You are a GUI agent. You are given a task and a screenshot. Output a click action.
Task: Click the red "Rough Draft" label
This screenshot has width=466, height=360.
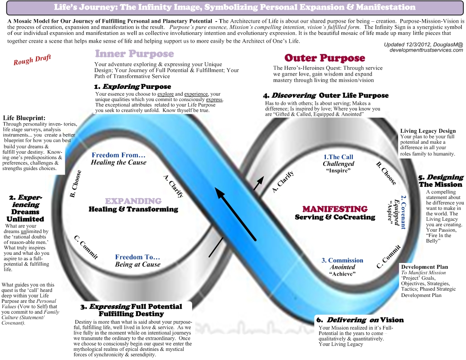point(32,59)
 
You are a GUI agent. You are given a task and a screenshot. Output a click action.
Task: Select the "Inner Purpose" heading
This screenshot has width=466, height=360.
point(134,54)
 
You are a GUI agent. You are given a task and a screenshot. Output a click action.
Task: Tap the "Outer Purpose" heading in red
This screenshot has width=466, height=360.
point(325,58)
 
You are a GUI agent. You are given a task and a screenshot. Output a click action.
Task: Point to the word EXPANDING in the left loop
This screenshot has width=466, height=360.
point(133,201)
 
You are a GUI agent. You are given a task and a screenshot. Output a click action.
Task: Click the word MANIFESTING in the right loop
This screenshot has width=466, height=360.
point(335,209)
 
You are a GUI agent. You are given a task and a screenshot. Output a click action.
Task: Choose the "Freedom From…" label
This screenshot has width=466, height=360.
point(118,155)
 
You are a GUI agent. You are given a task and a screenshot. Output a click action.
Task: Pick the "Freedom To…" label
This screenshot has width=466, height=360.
point(137,257)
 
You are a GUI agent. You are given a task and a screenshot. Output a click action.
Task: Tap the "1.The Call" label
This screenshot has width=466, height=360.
point(338,157)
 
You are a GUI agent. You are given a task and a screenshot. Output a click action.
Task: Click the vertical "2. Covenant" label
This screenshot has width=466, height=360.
point(403,212)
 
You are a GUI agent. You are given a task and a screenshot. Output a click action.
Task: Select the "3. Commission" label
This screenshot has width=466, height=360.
point(342,260)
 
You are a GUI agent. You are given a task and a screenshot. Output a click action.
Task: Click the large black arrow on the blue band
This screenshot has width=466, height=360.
point(235,214)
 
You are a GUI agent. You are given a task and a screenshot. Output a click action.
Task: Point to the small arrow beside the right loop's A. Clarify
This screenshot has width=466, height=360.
point(258,183)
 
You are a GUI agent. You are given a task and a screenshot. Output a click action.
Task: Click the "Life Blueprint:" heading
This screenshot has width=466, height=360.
point(24,118)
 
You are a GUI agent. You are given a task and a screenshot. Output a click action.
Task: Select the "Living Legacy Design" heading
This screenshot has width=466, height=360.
point(427,131)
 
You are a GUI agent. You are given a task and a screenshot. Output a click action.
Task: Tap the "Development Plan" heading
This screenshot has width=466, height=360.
point(424,267)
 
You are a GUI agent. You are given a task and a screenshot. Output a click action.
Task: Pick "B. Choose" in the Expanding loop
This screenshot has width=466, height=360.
point(76,184)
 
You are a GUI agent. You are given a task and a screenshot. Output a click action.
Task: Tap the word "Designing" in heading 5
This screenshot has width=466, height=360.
point(445,177)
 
